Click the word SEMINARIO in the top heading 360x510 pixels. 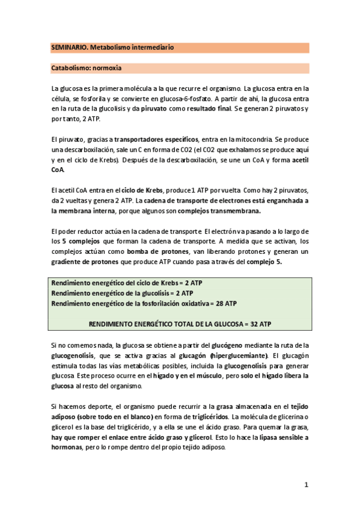pyautogui.click(x=68, y=48)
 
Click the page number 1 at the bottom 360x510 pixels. pyautogui.click(x=306, y=485)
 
